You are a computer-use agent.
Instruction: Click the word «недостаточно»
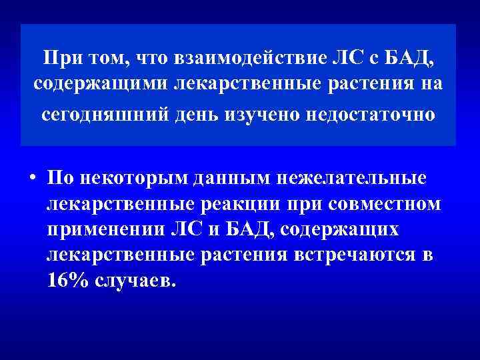[x=364, y=115]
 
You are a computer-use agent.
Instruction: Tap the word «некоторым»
[x=132, y=179]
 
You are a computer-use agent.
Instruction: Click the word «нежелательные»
[x=350, y=179]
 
